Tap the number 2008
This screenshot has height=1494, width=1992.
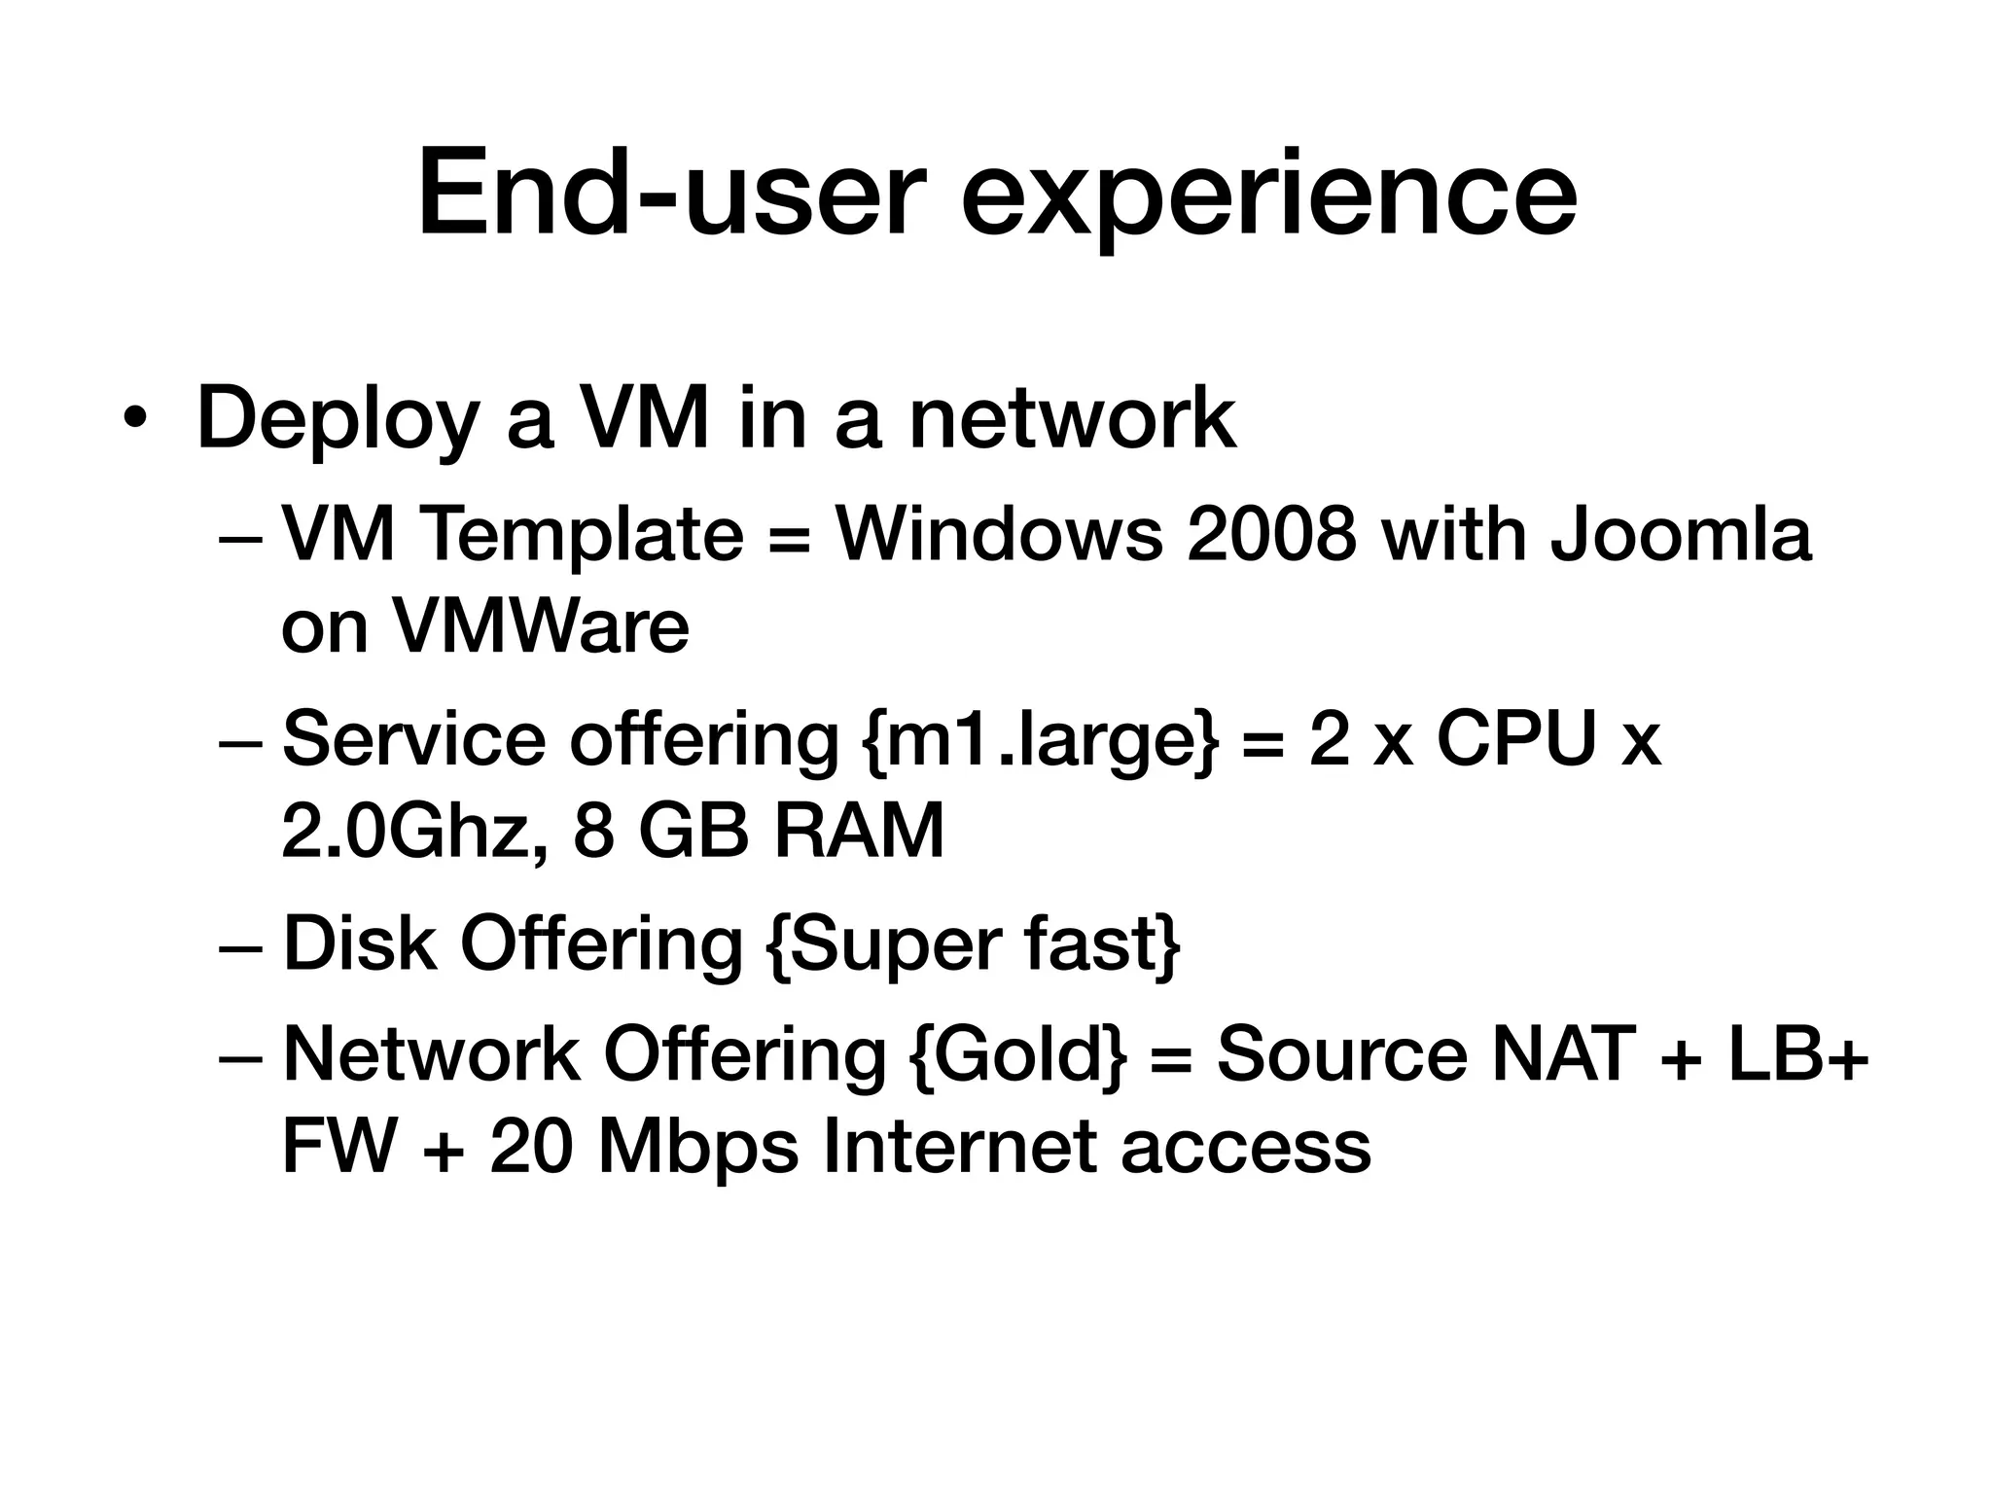[1271, 534]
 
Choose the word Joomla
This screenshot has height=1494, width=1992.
[1682, 534]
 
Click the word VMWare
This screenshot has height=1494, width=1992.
[540, 626]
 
